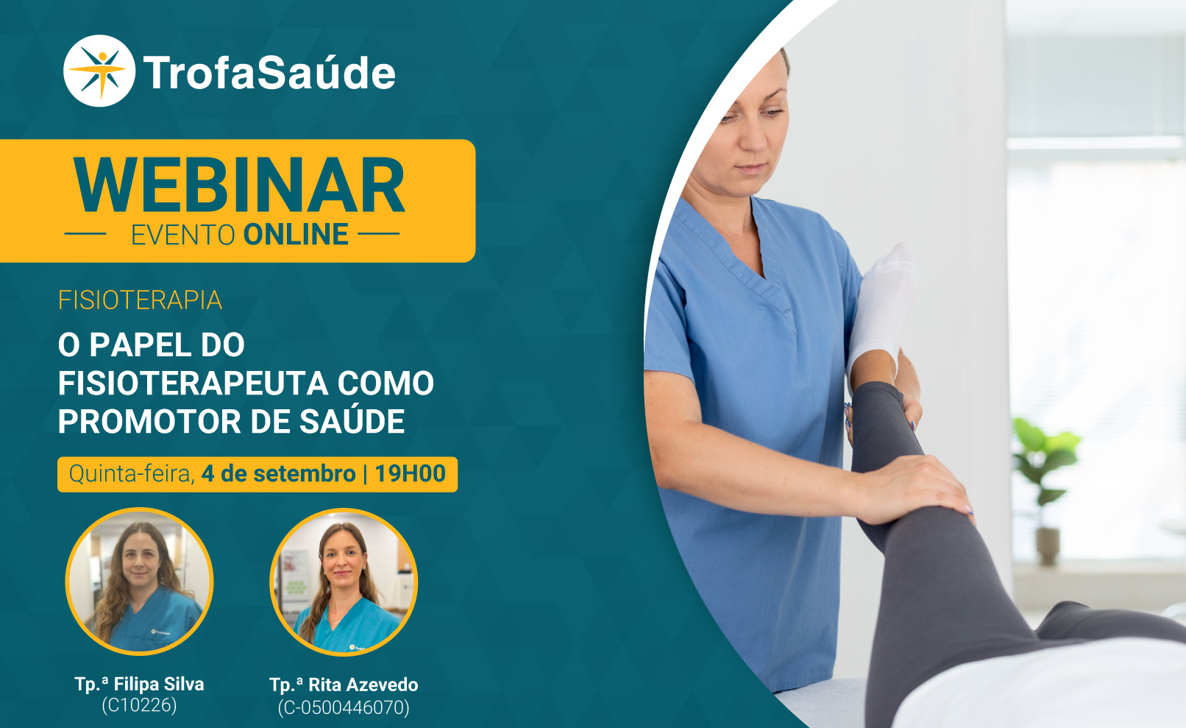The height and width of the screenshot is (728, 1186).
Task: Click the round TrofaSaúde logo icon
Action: pyautogui.click(x=99, y=71)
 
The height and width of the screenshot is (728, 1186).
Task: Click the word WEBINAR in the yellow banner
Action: pyautogui.click(x=239, y=185)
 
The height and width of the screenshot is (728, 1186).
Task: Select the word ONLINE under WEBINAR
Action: pyautogui.click(x=296, y=235)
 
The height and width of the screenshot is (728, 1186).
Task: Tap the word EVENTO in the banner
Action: pyautogui.click(x=183, y=235)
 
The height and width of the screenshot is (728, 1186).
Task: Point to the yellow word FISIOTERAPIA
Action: pyautogui.click(x=140, y=300)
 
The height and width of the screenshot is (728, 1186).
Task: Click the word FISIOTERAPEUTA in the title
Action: pyautogui.click(x=193, y=383)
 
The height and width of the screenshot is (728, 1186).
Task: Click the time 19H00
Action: pyautogui.click(x=411, y=473)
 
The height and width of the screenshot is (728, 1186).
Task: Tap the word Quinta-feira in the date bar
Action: pyautogui.click(x=132, y=474)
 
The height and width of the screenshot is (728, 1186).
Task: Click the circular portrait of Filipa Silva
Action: pyautogui.click(x=139, y=582)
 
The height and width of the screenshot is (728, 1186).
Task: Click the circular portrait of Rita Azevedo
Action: pyautogui.click(x=344, y=582)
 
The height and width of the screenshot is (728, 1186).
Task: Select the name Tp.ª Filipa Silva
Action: pyautogui.click(x=139, y=684)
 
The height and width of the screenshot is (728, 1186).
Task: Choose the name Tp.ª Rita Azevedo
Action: pyautogui.click(x=344, y=685)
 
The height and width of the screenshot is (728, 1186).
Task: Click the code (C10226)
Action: pyautogui.click(x=139, y=705)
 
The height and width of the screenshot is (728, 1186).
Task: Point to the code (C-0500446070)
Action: pyautogui.click(x=344, y=707)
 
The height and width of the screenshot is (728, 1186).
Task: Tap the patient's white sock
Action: pyautogui.click(x=883, y=303)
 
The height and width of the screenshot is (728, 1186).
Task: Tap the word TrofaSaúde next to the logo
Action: pyautogui.click(x=269, y=73)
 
